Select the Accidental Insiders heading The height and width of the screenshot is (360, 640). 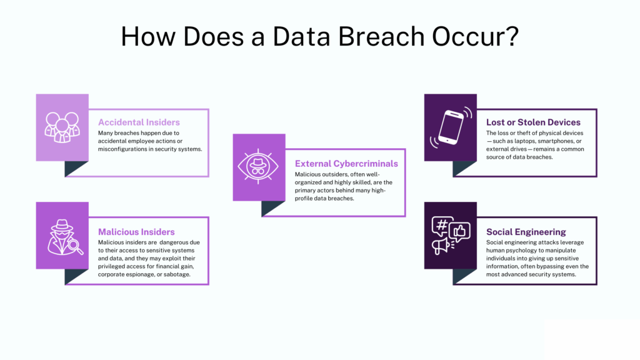click(x=139, y=122)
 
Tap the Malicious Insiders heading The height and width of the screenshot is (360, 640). click(x=136, y=232)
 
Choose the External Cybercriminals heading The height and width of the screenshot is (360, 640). click(x=346, y=164)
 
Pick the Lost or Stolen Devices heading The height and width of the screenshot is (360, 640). click(x=533, y=122)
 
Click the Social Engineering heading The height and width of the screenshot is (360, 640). click(x=526, y=232)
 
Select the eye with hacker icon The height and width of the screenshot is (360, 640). click(x=259, y=167)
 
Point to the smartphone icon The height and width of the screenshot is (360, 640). click(x=450, y=127)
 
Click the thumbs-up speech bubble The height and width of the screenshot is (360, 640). click(x=459, y=232)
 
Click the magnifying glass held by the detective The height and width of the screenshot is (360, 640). click(x=77, y=247)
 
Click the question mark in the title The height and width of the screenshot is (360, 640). click(x=511, y=37)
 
